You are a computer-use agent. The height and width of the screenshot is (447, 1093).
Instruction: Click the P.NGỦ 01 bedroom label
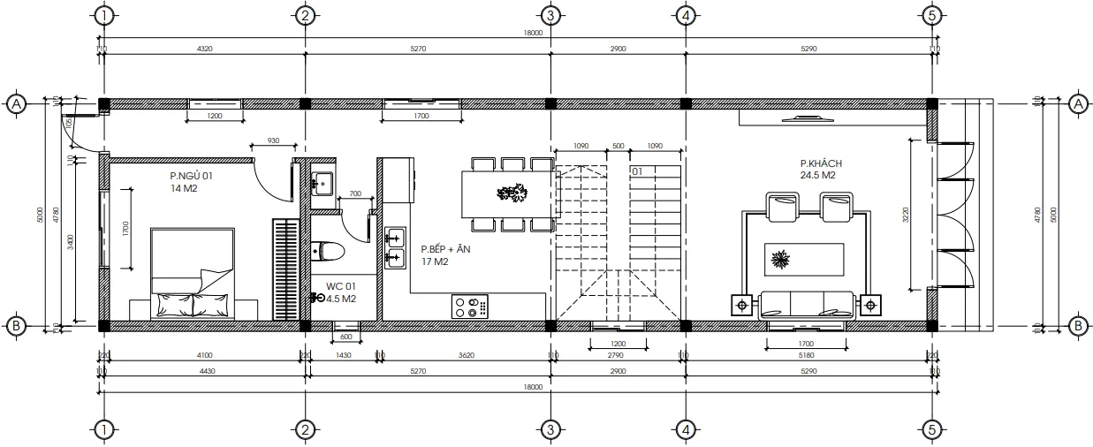tap(192, 177)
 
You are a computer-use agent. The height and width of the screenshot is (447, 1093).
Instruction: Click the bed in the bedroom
tap(193, 273)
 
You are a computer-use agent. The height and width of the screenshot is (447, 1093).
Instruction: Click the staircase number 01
tap(636, 170)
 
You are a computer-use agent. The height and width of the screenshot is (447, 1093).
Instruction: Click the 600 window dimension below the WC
tap(345, 337)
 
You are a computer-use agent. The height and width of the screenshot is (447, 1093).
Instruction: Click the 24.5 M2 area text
tap(818, 175)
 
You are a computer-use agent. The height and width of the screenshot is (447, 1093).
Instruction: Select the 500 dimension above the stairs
tap(618, 146)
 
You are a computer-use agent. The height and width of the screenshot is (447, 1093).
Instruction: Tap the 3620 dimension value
tap(467, 355)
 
